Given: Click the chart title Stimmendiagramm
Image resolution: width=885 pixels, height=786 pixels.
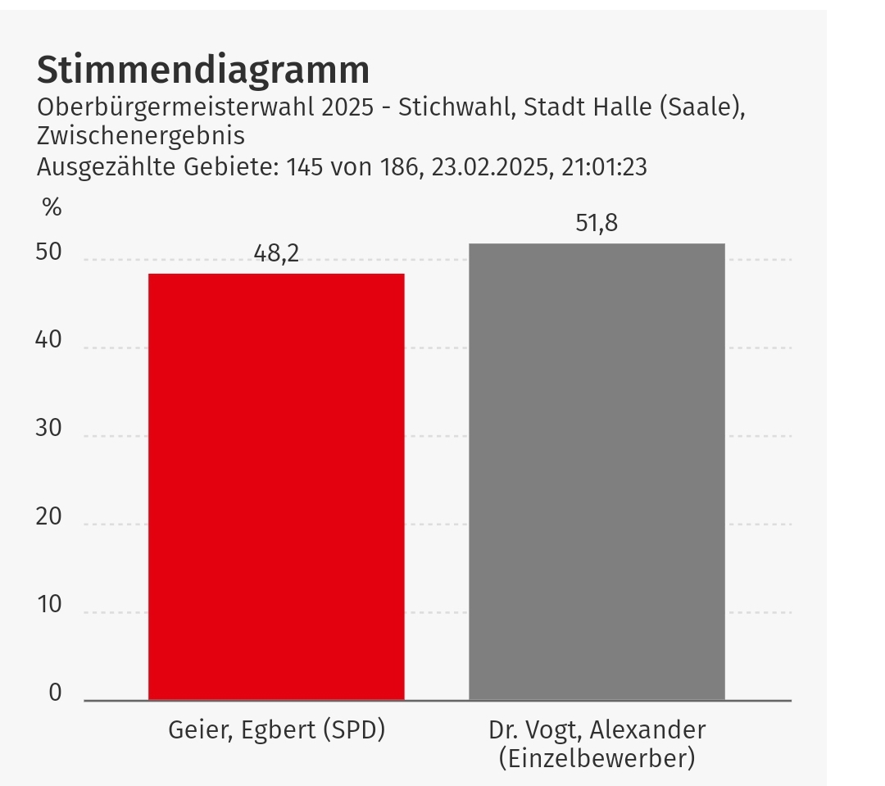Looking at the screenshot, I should (x=203, y=70).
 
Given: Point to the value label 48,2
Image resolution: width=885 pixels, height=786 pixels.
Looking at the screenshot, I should (x=276, y=254).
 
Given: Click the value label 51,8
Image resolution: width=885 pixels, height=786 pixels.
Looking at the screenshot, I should (x=597, y=223).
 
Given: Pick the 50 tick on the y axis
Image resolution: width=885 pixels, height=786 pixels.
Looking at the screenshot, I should (x=49, y=252).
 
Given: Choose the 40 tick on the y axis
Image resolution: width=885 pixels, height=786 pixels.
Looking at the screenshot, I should (x=49, y=340).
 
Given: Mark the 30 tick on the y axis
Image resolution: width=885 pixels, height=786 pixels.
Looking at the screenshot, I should (x=49, y=429).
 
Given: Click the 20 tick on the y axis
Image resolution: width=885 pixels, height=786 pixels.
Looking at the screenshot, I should (x=49, y=517).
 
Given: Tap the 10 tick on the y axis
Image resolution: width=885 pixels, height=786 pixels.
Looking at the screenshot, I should (x=49, y=605).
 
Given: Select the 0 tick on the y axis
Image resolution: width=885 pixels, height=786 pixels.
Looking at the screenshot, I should (x=55, y=693).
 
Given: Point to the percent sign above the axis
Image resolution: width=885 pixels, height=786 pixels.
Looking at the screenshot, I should (x=52, y=207).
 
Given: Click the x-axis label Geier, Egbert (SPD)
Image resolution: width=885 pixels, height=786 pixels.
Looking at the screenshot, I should (x=276, y=729).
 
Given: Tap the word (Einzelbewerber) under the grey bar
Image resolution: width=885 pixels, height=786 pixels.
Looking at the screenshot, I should (x=597, y=758).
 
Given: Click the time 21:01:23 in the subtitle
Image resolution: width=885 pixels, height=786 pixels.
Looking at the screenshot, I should (x=605, y=167).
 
